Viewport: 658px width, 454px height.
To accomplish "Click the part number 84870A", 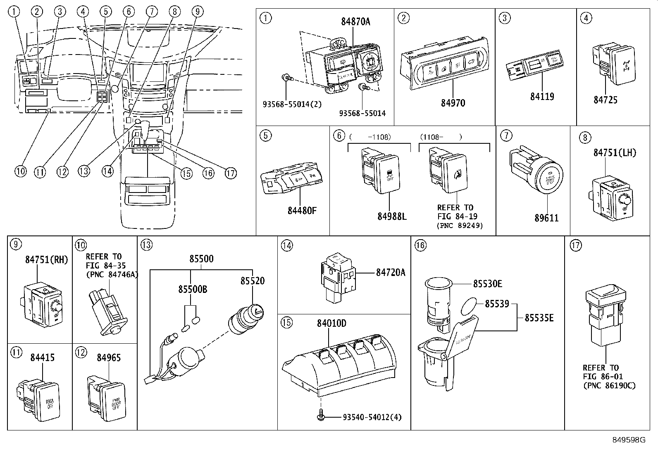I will (x=355, y=21).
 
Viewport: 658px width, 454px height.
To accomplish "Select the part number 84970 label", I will (x=453, y=103).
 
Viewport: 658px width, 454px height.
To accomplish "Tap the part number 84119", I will (x=542, y=97).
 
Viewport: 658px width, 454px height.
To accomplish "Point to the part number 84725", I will (x=606, y=100).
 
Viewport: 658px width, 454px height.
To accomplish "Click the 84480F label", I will (x=302, y=211).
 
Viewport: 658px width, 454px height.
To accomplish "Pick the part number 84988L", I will (x=392, y=216).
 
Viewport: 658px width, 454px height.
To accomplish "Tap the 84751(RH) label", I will (x=46, y=259).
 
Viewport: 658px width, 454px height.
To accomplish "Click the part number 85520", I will (x=253, y=281).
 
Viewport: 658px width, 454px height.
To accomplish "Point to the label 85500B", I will (x=193, y=290).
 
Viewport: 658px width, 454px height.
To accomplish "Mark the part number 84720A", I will (x=391, y=272).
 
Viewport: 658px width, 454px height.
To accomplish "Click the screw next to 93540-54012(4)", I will (x=321, y=417).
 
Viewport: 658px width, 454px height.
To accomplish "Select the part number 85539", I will (x=497, y=304).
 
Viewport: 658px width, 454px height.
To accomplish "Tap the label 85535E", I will (x=539, y=318).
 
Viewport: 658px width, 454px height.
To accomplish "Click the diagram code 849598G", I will (x=629, y=440).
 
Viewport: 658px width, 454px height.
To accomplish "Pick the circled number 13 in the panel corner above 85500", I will (x=146, y=245).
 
